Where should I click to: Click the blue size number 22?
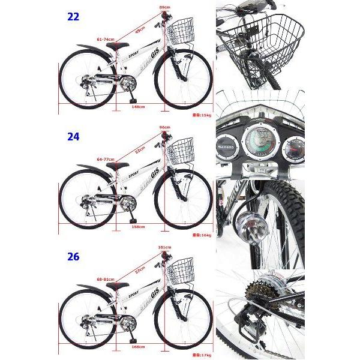tap(73, 17)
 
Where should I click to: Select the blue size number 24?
tap(73, 136)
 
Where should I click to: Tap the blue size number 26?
tap(73, 257)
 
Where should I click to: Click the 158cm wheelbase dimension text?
tap(138, 227)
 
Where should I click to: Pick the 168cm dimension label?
tap(137, 347)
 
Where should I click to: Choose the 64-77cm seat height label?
tap(106, 159)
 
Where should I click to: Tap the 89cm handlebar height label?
tap(164, 7)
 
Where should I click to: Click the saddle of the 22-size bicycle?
tap(118, 46)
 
